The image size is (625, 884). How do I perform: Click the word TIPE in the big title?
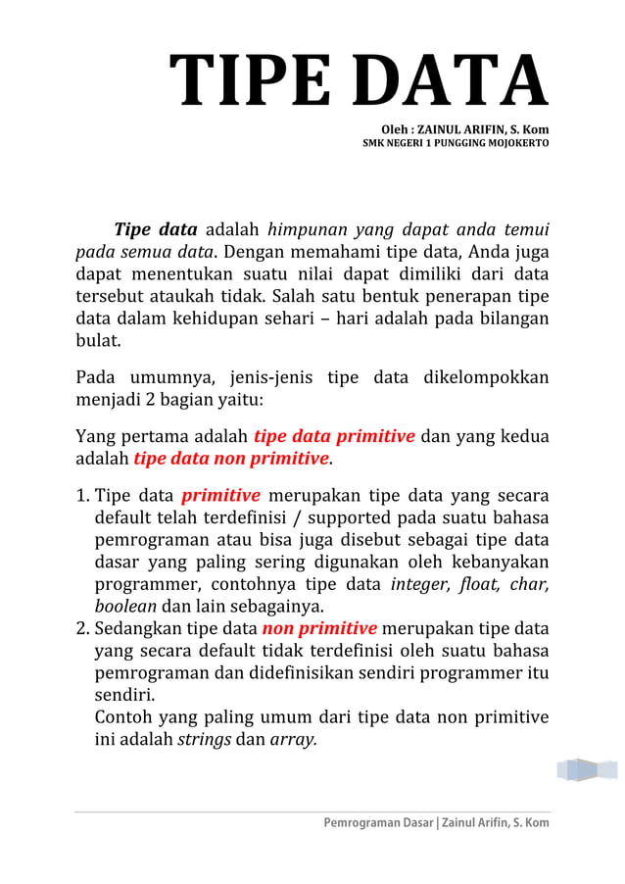click(x=250, y=81)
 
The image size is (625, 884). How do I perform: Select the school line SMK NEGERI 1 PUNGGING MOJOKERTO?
click(x=456, y=143)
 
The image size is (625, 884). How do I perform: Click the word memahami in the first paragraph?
click(x=305, y=253)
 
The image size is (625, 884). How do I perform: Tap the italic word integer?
click(x=420, y=584)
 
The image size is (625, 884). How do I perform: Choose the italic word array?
click(x=293, y=740)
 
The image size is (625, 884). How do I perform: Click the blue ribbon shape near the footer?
click(x=587, y=769)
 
